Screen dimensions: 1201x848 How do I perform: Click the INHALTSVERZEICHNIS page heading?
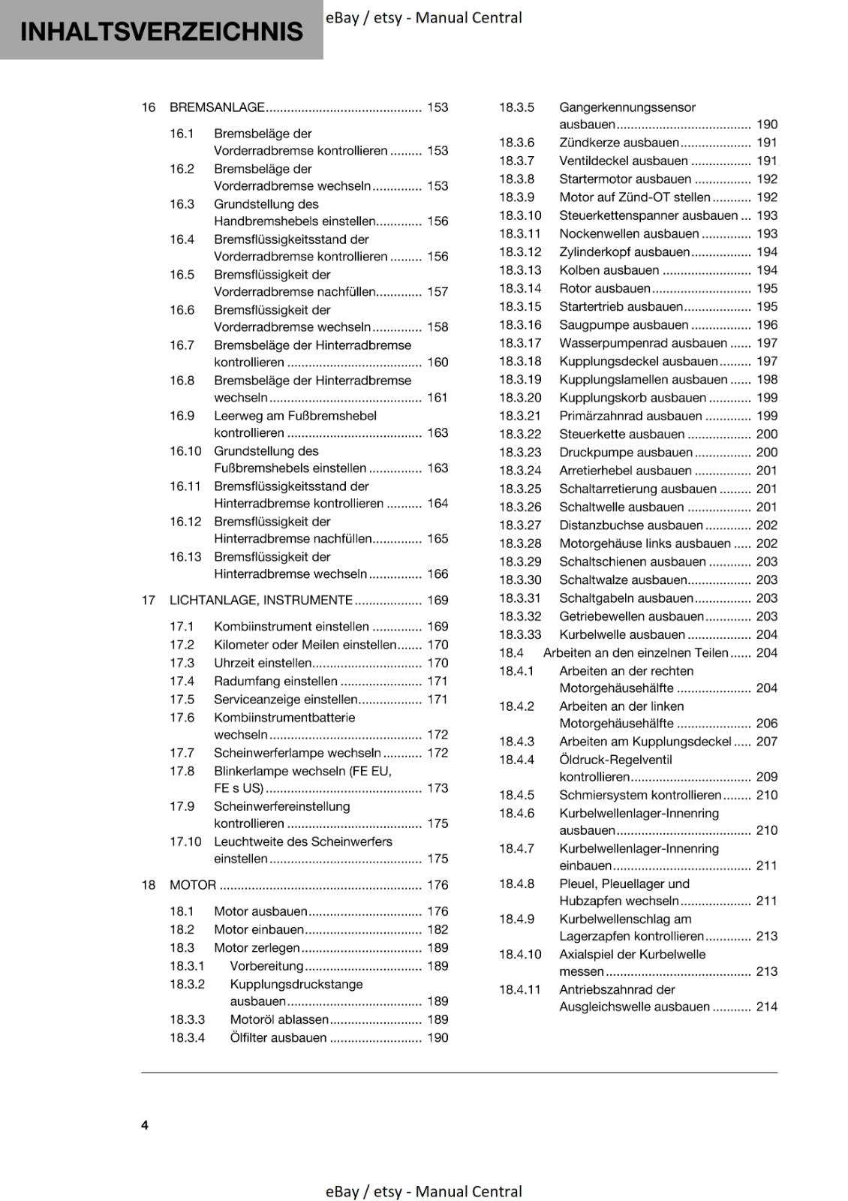point(161,32)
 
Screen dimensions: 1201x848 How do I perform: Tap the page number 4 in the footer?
point(145,1124)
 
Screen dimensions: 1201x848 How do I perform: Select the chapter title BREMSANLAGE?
point(217,107)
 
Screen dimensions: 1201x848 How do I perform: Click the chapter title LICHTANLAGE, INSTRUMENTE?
point(260,600)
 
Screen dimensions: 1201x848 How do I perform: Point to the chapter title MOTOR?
point(192,885)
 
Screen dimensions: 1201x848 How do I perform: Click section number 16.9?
point(182,416)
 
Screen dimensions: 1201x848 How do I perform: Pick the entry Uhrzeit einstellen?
point(263,663)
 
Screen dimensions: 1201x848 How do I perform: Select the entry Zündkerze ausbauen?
point(618,143)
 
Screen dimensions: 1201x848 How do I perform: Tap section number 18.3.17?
point(520,343)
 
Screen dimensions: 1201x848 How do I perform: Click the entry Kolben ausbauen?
point(609,270)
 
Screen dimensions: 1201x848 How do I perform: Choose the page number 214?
point(766,1007)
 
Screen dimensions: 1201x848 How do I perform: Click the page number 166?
point(437,574)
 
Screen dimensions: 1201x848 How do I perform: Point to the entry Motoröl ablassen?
point(279,1019)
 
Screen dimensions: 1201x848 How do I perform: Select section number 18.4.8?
point(516,883)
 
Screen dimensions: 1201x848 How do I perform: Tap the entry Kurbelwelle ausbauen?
point(622,634)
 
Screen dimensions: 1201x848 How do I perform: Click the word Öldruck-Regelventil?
point(615,760)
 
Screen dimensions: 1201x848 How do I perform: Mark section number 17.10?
point(185,841)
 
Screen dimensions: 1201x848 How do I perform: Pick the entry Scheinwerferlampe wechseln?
point(297,753)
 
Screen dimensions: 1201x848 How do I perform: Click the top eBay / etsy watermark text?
point(423,17)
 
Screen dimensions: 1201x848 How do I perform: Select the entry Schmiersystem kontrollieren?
point(640,795)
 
